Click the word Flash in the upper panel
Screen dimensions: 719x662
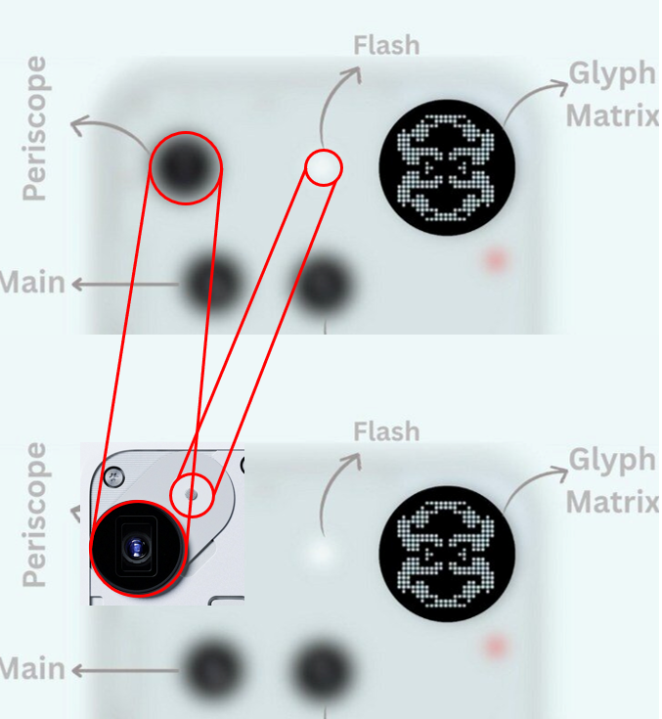386,45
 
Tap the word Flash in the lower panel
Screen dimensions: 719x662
386,431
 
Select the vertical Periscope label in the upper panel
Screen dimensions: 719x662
35,128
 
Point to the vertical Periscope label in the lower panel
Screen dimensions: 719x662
35,515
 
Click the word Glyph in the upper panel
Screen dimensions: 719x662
611,74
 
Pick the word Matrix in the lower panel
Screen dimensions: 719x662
613,502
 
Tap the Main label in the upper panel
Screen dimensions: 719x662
32,284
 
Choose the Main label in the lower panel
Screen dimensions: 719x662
32,670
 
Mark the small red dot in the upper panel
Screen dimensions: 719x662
496,260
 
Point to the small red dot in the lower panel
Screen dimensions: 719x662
496,647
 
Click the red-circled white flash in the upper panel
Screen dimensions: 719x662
323,167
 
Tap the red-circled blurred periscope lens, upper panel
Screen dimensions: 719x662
185,167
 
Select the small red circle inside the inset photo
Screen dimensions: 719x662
192,495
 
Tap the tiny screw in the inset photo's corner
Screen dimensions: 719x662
114,477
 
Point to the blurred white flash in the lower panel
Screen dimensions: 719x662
320,553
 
